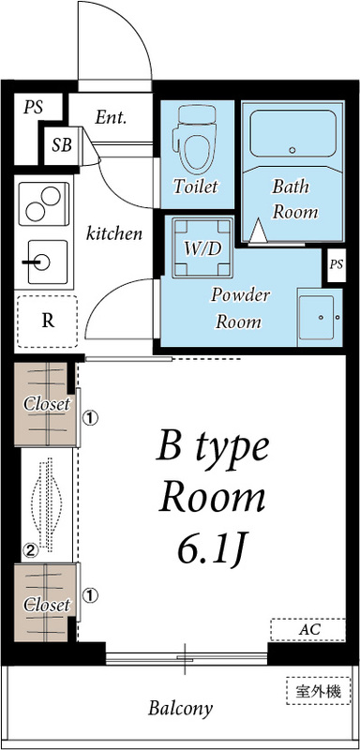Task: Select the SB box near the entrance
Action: point(62,144)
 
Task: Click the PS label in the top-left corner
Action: point(34,107)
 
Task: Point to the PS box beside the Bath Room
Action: point(336,264)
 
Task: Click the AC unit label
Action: point(308,629)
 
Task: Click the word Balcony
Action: point(180,709)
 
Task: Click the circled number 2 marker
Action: point(30,550)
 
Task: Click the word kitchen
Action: point(114,232)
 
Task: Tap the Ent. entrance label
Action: point(111,118)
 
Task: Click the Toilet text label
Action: point(195,187)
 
